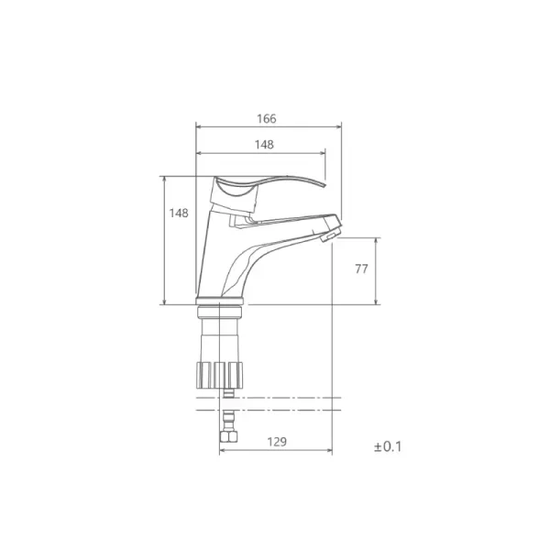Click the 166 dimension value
[x=267, y=118]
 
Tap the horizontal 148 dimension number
[x=264, y=145]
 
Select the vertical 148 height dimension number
[x=179, y=213]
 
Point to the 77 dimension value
[x=362, y=269]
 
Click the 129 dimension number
[x=277, y=442]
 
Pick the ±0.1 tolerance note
[x=388, y=446]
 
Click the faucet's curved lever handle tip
[x=325, y=185]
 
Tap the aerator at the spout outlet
[x=330, y=235]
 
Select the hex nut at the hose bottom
[x=228, y=436]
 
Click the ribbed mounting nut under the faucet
[x=220, y=375]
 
